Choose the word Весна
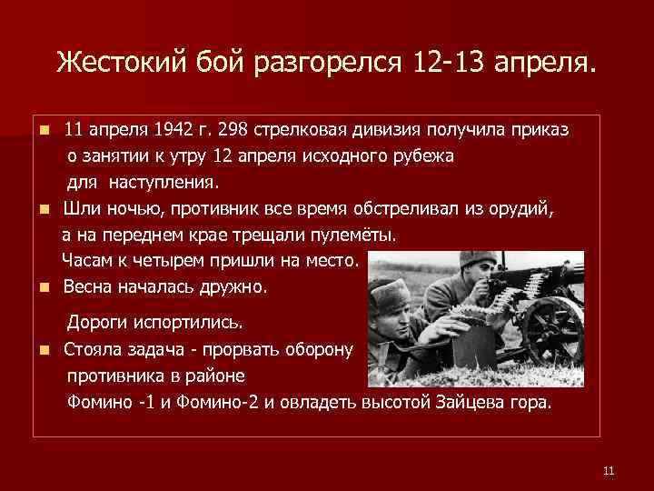coord(87,287)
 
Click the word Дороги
coord(100,323)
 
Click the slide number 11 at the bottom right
coord(609,470)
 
